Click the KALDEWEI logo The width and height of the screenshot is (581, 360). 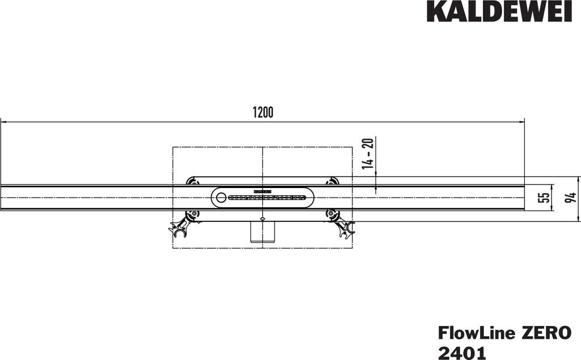point(499,11)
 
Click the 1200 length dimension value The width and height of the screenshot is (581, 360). point(263,112)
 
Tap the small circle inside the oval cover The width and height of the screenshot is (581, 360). point(220,198)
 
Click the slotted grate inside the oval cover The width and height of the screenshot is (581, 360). point(267,198)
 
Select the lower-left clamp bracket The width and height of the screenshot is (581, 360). point(183,224)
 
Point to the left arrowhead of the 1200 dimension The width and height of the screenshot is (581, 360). point(3,122)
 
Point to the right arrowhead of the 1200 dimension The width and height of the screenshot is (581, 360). point(521,122)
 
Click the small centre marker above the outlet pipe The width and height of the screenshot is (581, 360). point(262,218)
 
